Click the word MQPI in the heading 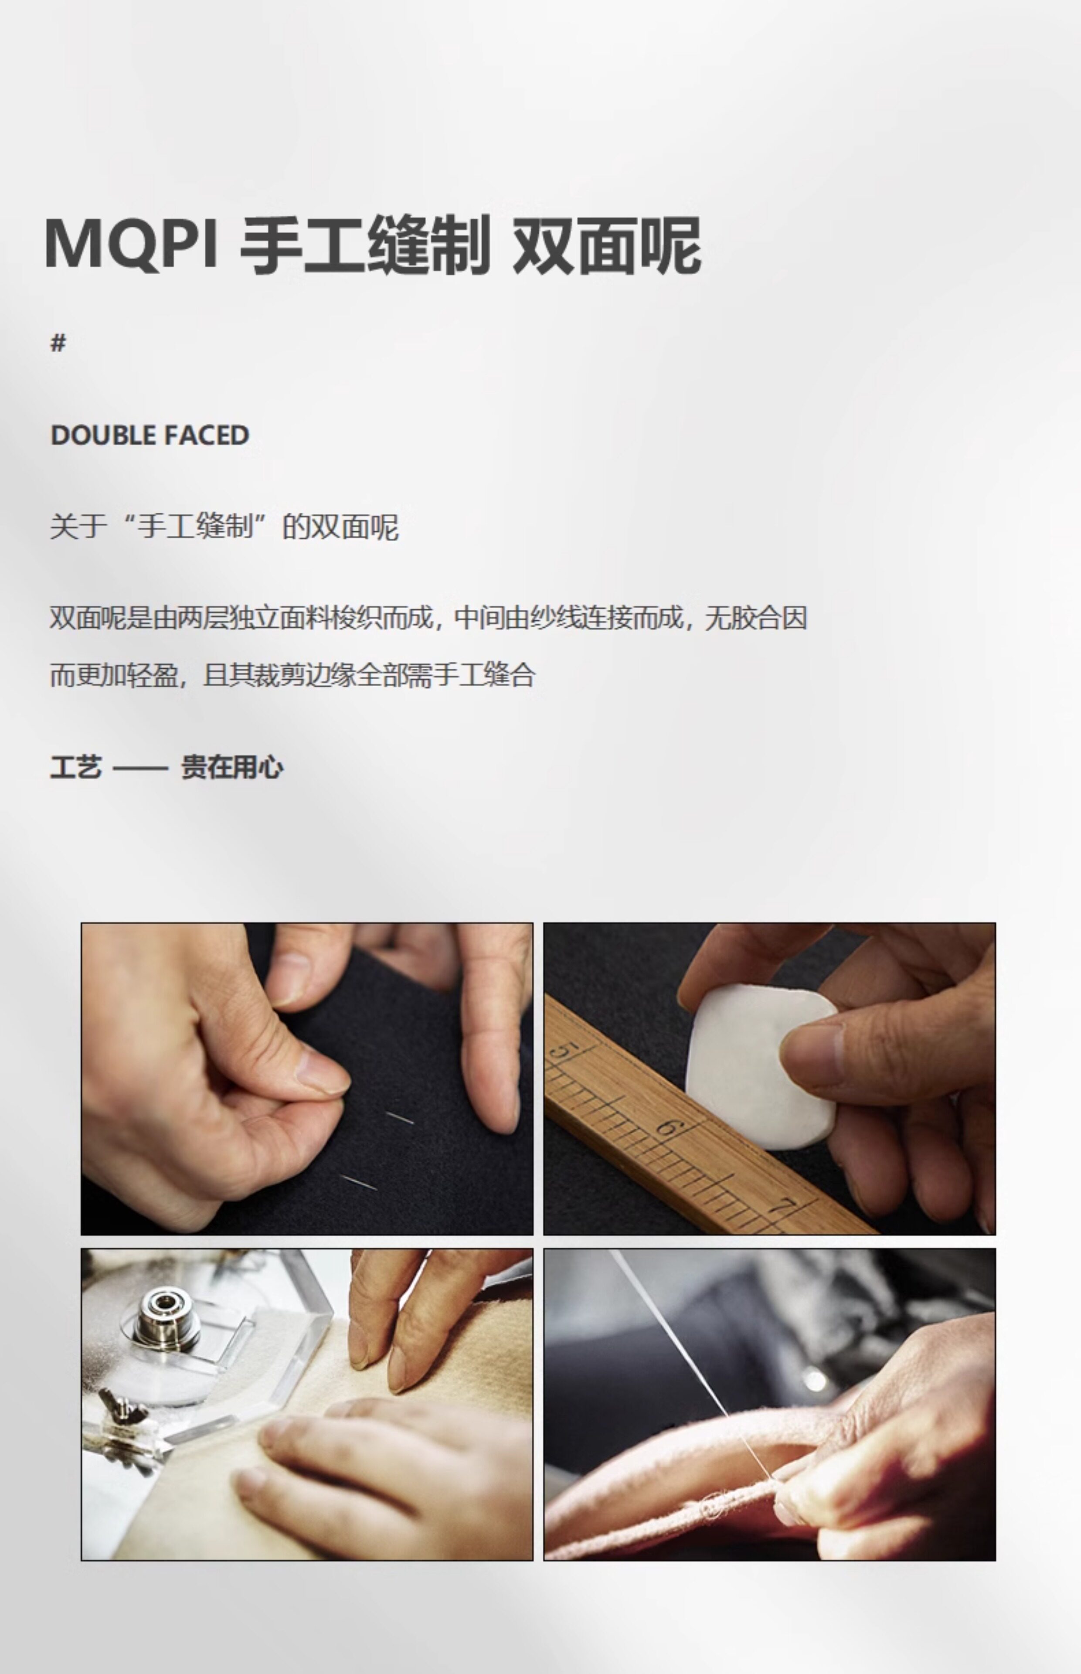(131, 244)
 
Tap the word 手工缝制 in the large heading (365, 245)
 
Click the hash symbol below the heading (58, 343)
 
